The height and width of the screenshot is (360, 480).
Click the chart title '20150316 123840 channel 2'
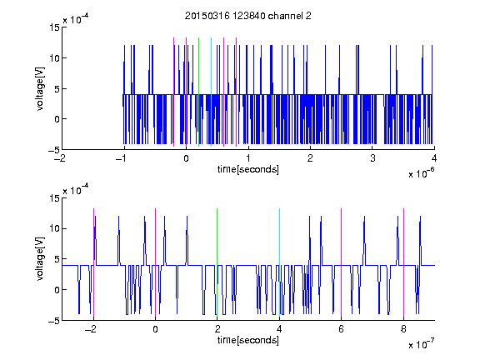click(248, 16)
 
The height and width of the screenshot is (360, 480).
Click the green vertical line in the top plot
click(198, 92)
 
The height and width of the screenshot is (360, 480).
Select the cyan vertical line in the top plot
click(211, 92)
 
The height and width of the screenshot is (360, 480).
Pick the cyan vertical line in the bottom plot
click(279, 262)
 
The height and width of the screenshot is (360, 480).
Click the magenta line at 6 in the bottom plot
click(342, 262)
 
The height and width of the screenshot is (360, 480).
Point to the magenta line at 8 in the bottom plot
click(404, 262)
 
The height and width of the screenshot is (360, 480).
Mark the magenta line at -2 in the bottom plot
click(93, 262)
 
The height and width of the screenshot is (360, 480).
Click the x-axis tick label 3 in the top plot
click(372, 158)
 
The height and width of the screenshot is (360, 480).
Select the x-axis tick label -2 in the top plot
click(61, 158)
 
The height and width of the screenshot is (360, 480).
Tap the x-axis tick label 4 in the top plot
click(434, 158)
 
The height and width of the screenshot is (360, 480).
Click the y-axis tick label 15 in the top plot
click(54, 27)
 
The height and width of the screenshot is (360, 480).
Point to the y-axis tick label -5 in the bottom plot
click(54, 321)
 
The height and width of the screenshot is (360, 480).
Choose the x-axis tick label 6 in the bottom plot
click(342, 329)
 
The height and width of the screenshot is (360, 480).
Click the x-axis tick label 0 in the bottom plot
click(156, 329)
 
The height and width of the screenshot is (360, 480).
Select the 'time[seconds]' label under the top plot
click(248, 169)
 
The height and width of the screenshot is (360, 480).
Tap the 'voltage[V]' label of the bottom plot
click(40, 259)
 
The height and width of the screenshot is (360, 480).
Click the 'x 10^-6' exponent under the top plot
click(421, 173)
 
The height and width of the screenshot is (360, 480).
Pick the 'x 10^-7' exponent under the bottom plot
click(421, 344)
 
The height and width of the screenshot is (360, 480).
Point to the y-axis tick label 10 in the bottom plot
click(54, 228)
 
